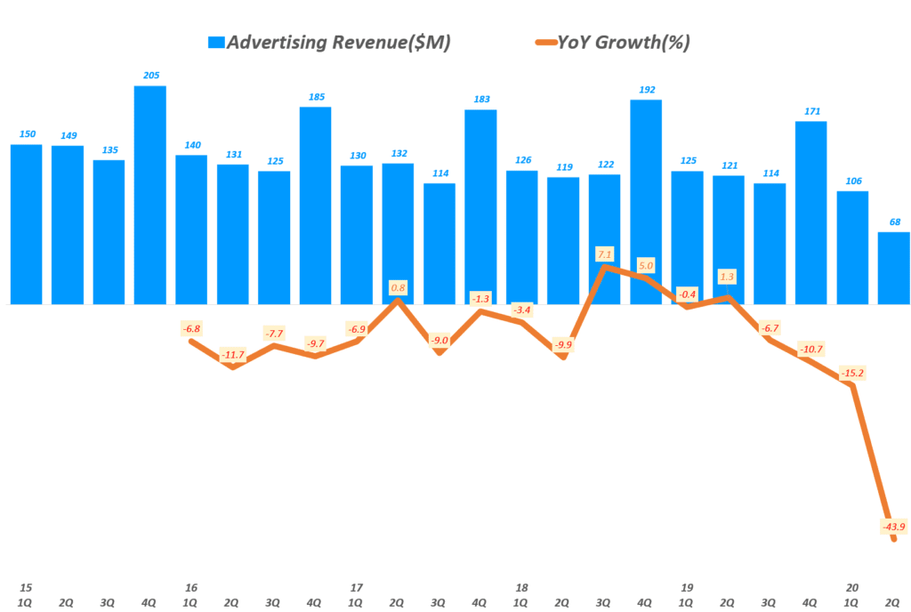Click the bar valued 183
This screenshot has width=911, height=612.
pos(480,206)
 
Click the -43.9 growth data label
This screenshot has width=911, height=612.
pos(893,527)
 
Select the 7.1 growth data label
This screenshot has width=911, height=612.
pos(605,255)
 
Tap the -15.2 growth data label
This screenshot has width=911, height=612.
pos(852,374)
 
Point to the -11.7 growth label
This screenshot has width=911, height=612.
pos(233,355)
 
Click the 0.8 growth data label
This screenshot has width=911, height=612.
pos(399,287)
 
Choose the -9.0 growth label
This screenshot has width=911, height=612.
pos(439,340)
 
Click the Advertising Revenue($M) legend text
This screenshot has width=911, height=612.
pos(338,42)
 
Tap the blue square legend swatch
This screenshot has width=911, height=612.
pos(216,43)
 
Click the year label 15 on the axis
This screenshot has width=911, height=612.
pos(26,588)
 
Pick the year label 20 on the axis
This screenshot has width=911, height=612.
pos(852,588)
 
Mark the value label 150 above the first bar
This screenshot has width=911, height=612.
pos(28,134)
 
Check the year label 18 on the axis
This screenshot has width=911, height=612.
pos(521,588)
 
